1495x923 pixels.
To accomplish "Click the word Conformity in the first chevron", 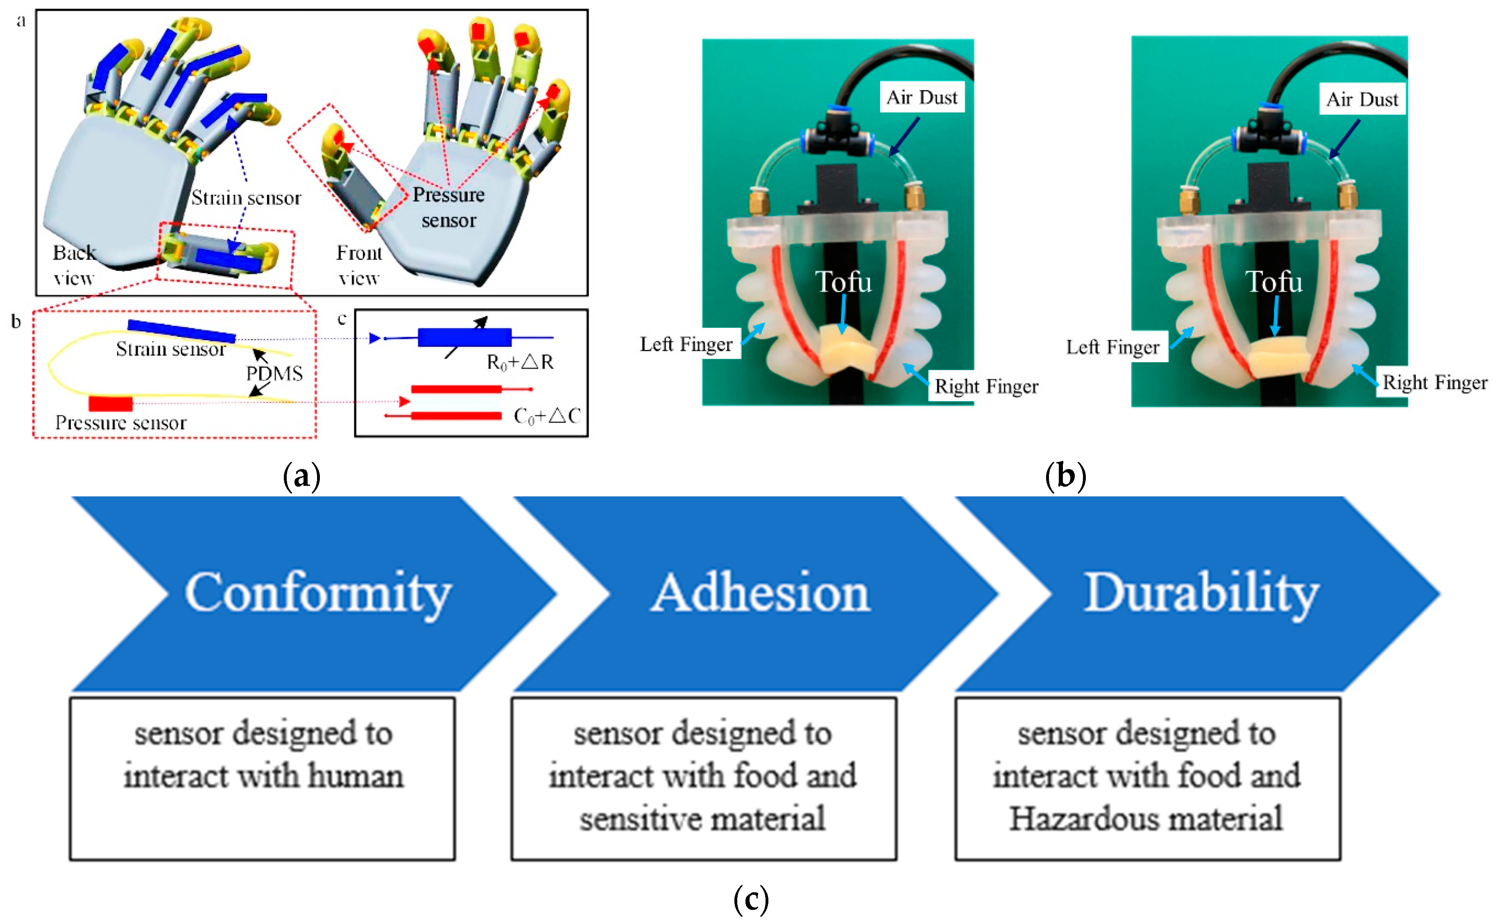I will tap(317, 594).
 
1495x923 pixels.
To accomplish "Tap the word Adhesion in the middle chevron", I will tap(760, 594).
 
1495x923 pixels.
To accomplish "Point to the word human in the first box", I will tap(356, 776).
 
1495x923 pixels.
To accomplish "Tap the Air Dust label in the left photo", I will tap(922, 98).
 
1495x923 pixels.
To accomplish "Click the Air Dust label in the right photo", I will tap(1362, 99).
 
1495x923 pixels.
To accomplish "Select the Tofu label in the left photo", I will tap(843, 282).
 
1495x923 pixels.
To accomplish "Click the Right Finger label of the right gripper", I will tap(1434, 383).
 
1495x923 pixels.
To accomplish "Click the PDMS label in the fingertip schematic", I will tap(274, 373).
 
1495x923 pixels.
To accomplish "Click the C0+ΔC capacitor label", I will tap(546, 416).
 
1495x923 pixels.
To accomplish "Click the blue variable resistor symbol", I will tap(464, 338).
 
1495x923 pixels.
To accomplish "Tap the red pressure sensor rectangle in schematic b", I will tap(111, 404).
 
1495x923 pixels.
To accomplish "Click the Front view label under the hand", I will tap(359, 265).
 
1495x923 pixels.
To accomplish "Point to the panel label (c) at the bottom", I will tap(750, 900).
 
